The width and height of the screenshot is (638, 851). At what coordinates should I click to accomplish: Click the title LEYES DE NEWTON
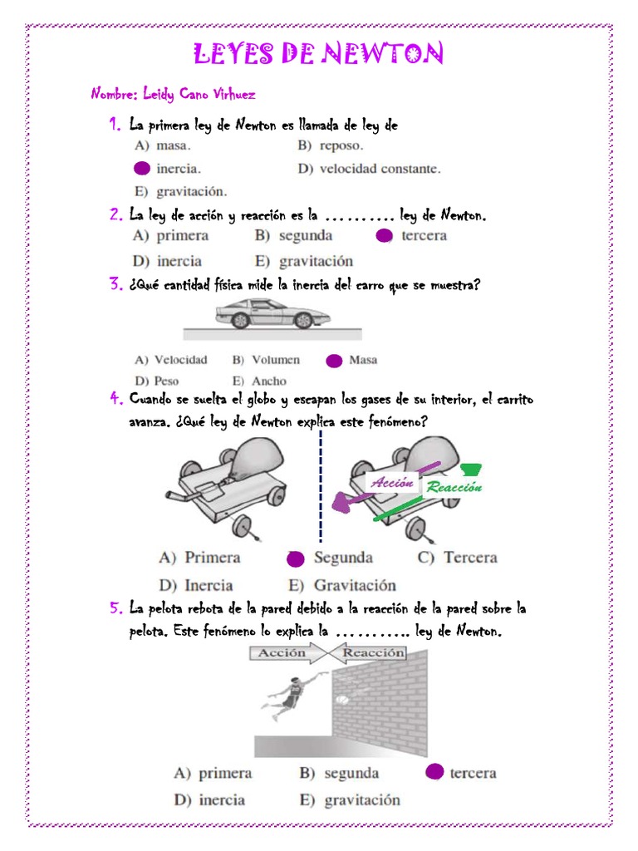[318, 55]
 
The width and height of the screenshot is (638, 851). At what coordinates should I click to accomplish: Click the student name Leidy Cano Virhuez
[173, 94]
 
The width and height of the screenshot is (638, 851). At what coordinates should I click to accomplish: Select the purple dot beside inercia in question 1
[142, 169]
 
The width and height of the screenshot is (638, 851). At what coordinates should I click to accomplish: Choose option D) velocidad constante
[369, 169]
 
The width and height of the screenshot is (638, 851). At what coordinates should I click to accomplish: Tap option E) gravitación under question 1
[180, 191]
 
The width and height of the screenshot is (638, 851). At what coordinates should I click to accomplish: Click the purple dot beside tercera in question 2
[384, 236]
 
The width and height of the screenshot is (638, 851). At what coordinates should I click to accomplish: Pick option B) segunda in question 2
[293, 236]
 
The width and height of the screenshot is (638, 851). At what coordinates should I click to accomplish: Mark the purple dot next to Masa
[334, 361]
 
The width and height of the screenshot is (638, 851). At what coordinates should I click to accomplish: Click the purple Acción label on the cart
[392, 483]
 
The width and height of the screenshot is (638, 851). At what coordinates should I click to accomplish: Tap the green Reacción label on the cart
[454, 488]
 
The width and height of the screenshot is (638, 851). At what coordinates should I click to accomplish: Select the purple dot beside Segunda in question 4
[294, 558]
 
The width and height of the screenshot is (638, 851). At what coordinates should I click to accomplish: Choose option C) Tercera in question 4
[457, 558]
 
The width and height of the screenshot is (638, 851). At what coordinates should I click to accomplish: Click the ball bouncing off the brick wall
[342, 701]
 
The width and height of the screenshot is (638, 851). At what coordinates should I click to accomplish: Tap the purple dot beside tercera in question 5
[434, 773]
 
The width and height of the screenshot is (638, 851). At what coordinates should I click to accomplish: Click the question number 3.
[115, 286]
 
